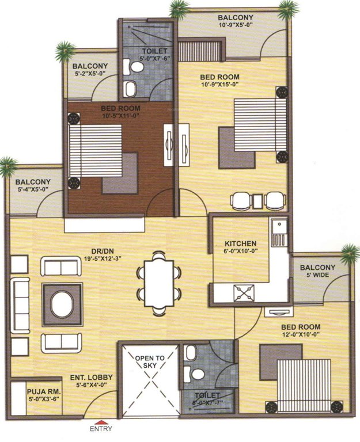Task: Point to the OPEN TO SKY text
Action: (150, 362)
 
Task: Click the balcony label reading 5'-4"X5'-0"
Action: (32, 188)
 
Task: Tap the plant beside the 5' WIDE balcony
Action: (350, 253)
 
